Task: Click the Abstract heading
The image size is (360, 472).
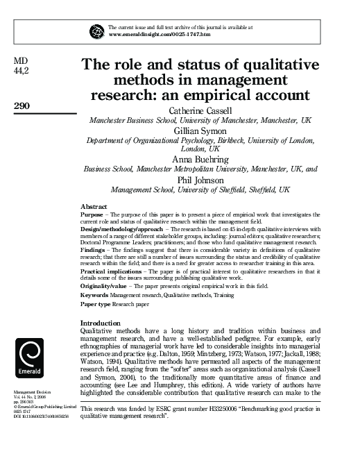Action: (94, 208)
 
